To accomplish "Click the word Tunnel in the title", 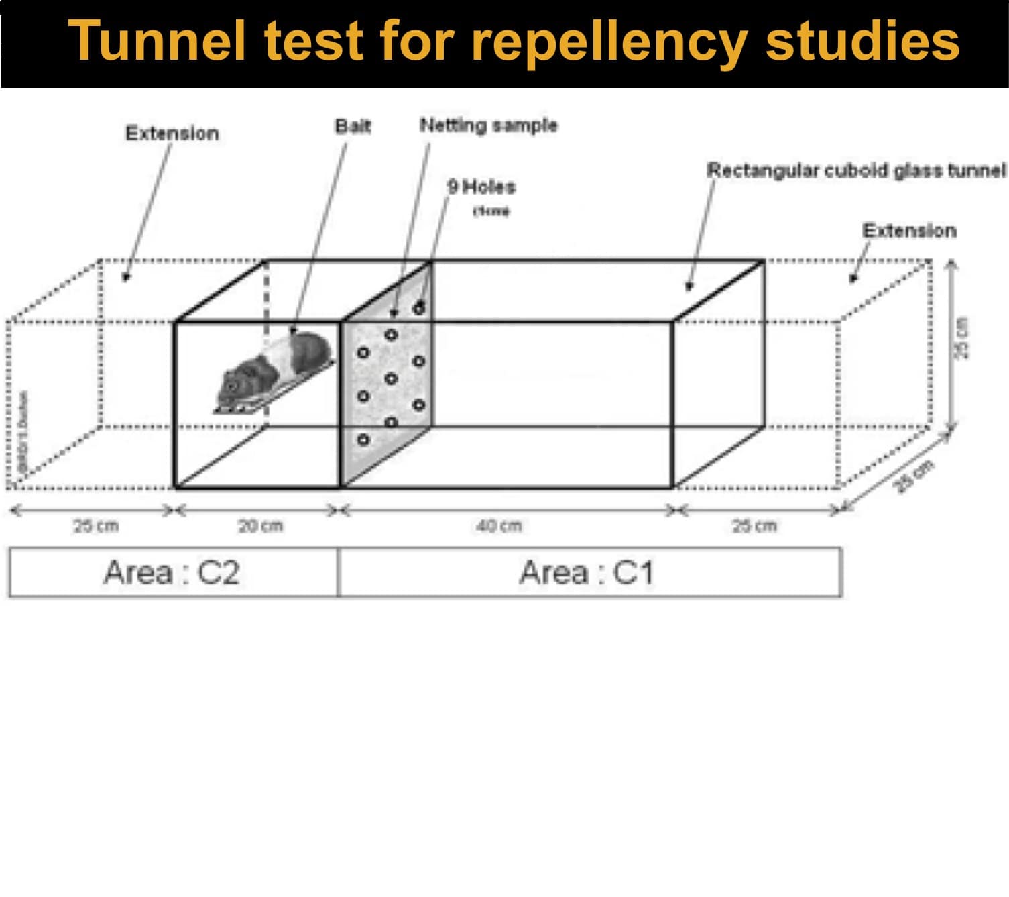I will coord(157,42).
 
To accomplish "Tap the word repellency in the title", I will coord(609,42).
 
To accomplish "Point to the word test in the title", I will coord(314,42).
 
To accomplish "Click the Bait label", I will coord(353,126).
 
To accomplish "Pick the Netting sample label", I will coord(488,125).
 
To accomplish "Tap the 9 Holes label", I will coord(481,186).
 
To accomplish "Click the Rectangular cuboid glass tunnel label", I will coord(856,170).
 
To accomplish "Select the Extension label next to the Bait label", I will coord(172,133).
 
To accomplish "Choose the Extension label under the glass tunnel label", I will coord(909,231).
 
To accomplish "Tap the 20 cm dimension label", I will coord(260,526).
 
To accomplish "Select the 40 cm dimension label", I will coord(498,526).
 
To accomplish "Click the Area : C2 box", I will coord(172,572).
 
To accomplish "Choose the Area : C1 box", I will coord(589,572).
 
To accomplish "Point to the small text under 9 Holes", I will coord(491,211).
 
